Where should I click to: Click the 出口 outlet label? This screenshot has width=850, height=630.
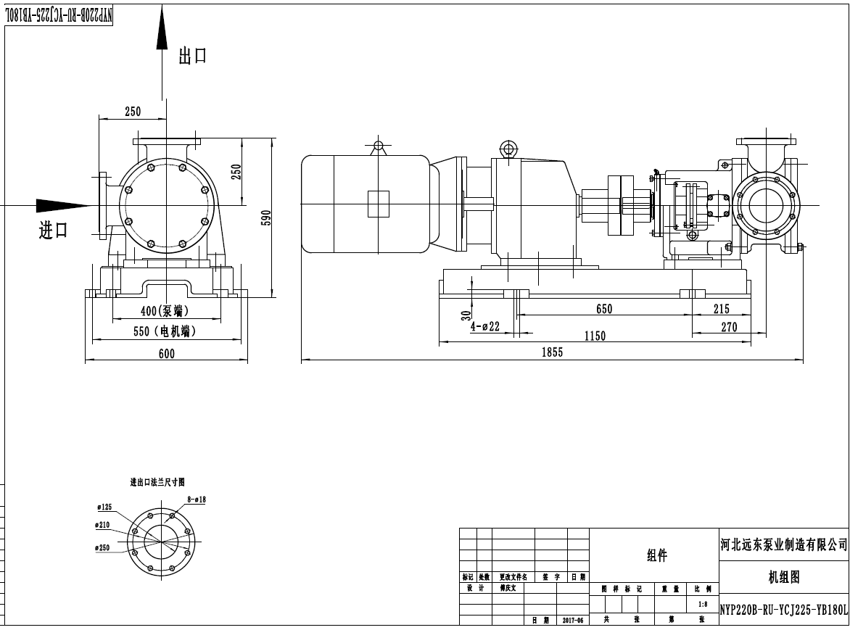coord(193,57)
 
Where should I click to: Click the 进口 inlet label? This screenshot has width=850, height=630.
coord(53,231)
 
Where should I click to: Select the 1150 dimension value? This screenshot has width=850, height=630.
coord(595,336)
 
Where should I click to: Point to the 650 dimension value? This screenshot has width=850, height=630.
coord(604,309)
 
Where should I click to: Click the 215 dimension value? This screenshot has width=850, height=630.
coord(721,309)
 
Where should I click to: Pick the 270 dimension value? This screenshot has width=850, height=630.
coord(729,327)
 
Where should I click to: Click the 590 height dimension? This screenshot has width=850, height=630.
coord(265,218)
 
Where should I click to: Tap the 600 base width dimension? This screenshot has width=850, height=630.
coord(166,353)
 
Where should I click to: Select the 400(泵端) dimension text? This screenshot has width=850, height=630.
coord(165,311)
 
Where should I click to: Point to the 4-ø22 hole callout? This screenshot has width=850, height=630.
coord(485,326)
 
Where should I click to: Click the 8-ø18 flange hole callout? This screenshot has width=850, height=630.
coord(197,500)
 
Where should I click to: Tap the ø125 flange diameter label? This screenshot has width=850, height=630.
coord(104,507)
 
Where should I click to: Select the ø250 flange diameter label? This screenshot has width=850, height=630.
coord(102,548)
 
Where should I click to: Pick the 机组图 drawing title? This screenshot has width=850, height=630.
coord(783,578)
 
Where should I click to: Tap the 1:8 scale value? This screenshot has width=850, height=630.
coord(702,604)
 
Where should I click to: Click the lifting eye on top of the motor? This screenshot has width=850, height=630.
coord(377,146)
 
